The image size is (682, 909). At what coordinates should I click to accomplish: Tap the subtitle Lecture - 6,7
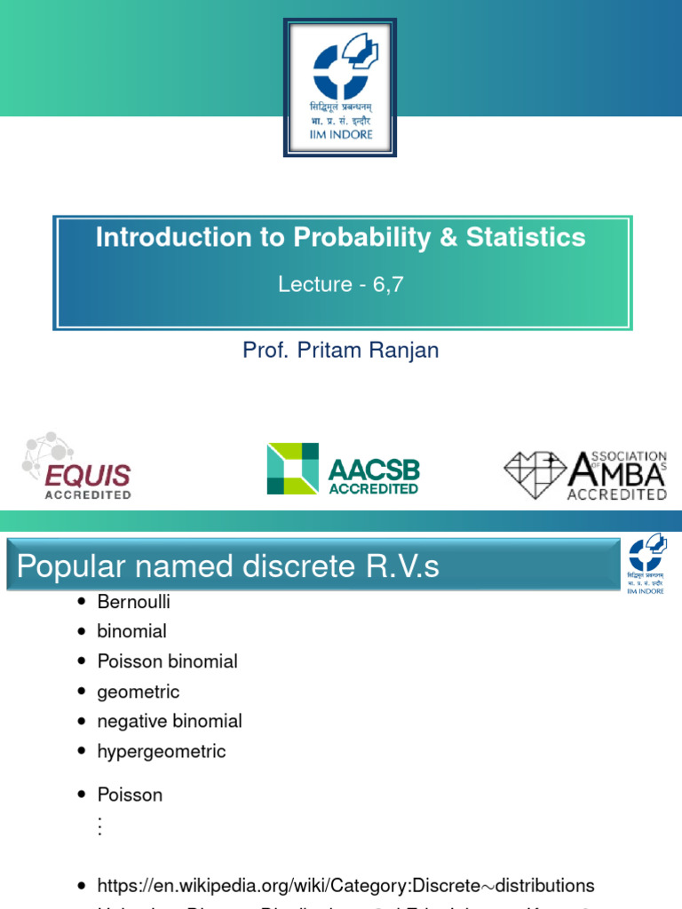click(341, 284)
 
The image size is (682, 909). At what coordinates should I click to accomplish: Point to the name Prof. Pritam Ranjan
click(341, 350)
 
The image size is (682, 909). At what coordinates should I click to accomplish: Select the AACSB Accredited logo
click(343, 469)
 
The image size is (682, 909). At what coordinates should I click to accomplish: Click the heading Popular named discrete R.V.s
click(228, 566)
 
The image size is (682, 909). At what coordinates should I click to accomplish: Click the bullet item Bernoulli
click(134, 602)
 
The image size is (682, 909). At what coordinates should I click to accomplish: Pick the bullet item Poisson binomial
click(168, 661)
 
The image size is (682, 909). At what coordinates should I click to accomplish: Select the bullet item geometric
click(139, 692)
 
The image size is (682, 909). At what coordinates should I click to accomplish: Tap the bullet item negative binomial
click(170, 722)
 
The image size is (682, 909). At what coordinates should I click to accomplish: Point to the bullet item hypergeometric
click(162, 752)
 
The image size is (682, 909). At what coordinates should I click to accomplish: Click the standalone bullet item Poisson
click(131, 794)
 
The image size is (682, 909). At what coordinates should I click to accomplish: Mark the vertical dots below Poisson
click(100, 826)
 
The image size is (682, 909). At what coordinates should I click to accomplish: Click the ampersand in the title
click(409, 238)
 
